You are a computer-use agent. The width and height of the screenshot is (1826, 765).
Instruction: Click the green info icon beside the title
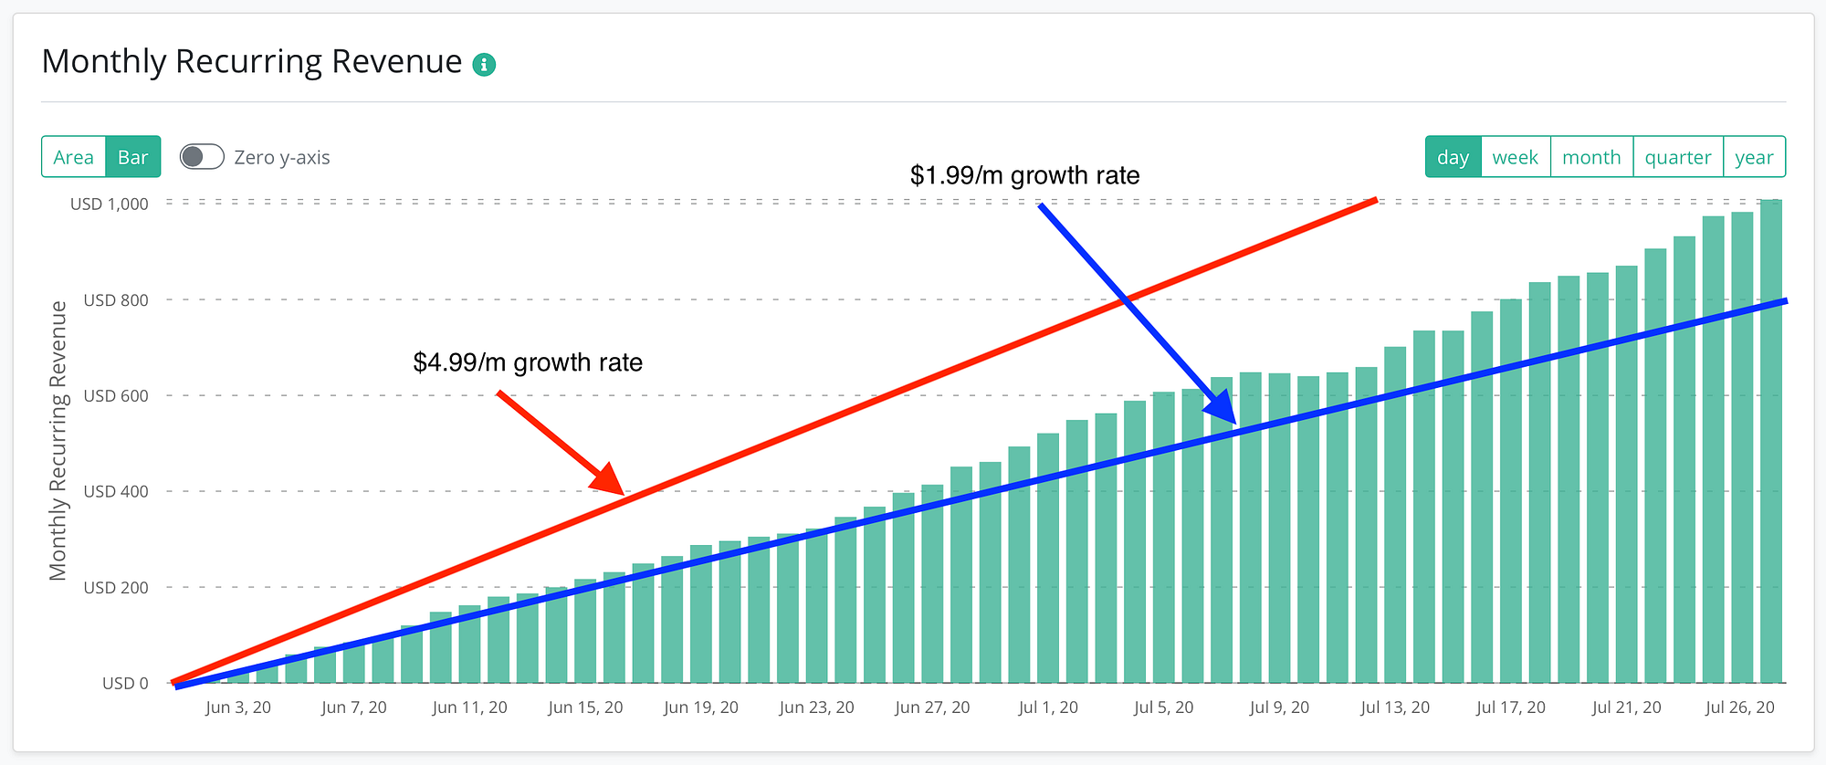pos(484,65)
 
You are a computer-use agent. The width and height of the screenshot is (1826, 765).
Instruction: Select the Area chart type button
pos(74,157)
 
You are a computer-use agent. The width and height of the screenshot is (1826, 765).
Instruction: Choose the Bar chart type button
pos(133,157)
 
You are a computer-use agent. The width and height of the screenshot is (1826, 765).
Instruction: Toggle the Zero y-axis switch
pos(202,157)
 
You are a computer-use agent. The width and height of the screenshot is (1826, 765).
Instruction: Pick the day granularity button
pos(1453,157)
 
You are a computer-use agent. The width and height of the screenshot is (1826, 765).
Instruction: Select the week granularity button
pos(1515,157)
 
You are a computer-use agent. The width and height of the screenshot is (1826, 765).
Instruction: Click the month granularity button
pos(1591,157)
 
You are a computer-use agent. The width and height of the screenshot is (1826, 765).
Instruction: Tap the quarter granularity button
pos(1678,157)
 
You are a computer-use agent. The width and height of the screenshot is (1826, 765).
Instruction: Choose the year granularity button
pos(1754,157)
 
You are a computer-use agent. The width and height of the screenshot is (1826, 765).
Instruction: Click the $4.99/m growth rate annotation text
pos(528,362)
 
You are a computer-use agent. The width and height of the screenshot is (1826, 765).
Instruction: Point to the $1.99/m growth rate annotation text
pos(1024,175)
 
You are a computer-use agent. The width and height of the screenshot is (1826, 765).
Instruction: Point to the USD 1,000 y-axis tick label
pos(110,204)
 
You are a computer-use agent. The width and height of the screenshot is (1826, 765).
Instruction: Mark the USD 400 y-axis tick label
pos(116,491)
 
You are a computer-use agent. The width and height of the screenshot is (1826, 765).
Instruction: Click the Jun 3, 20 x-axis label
pos(238,707)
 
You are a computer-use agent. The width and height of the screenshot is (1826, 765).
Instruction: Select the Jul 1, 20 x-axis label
pos(1048,707)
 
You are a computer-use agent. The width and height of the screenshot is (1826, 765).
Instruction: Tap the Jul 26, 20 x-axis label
pos(1740,707)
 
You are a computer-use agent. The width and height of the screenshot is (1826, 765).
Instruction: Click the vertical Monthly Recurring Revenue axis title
pos(58,440)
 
